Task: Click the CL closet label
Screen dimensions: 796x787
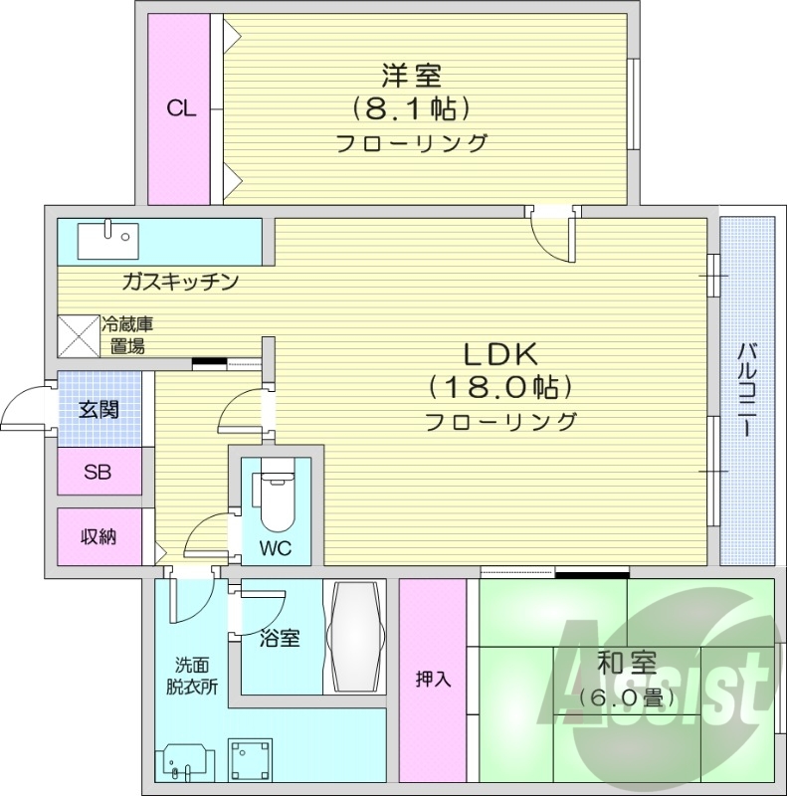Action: [x=181, y=109]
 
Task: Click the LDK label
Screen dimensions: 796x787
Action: [x=500, y=353]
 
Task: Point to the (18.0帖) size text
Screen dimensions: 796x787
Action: [x=500, y=386]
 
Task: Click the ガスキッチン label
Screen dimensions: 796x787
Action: [x=179, y=283]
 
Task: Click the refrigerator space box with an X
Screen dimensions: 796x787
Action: [x=77, y=335]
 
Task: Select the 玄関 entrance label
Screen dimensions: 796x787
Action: [x=98, y=408]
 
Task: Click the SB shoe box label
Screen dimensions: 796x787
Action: [x=98, y=471]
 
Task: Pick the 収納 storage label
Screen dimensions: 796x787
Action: [x=98, y=536]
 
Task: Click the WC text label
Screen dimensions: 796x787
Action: [x=276, y=548]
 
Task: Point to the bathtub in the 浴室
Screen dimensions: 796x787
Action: [x=356, y=637]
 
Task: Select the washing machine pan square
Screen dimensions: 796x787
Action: [x=250, y=760]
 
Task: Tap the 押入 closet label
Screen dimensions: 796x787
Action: [x=433, y=681]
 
